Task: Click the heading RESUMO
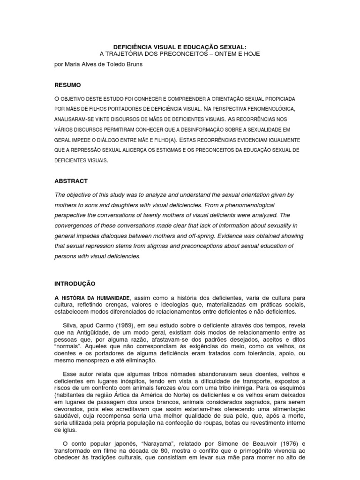68,85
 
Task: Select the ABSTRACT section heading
71,181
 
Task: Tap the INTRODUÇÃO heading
75,284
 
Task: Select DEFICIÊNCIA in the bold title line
136,47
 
